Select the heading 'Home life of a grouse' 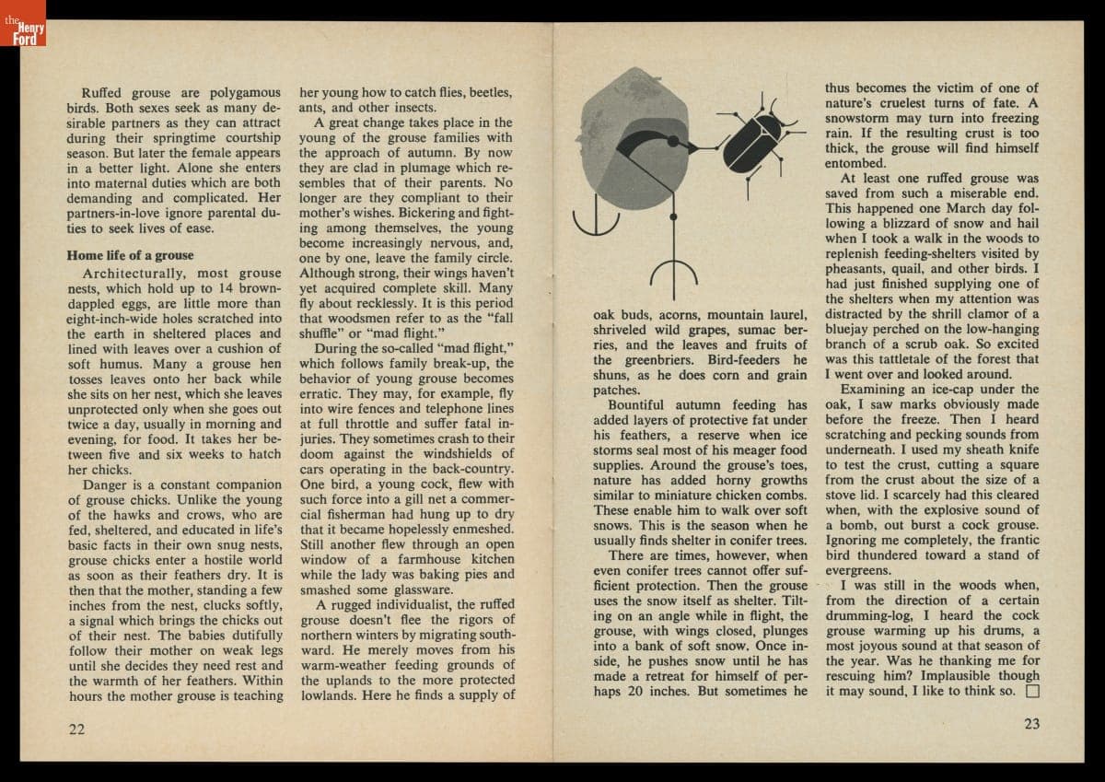tap(131, 255)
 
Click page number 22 tap(76, 729)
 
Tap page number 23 tap(1031, 724)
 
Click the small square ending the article tap(1032, 691)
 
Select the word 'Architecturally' tap(134, 274)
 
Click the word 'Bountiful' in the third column tap(638, 404)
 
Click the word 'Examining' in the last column tap(873, 389)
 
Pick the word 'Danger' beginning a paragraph tap(106, 484)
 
